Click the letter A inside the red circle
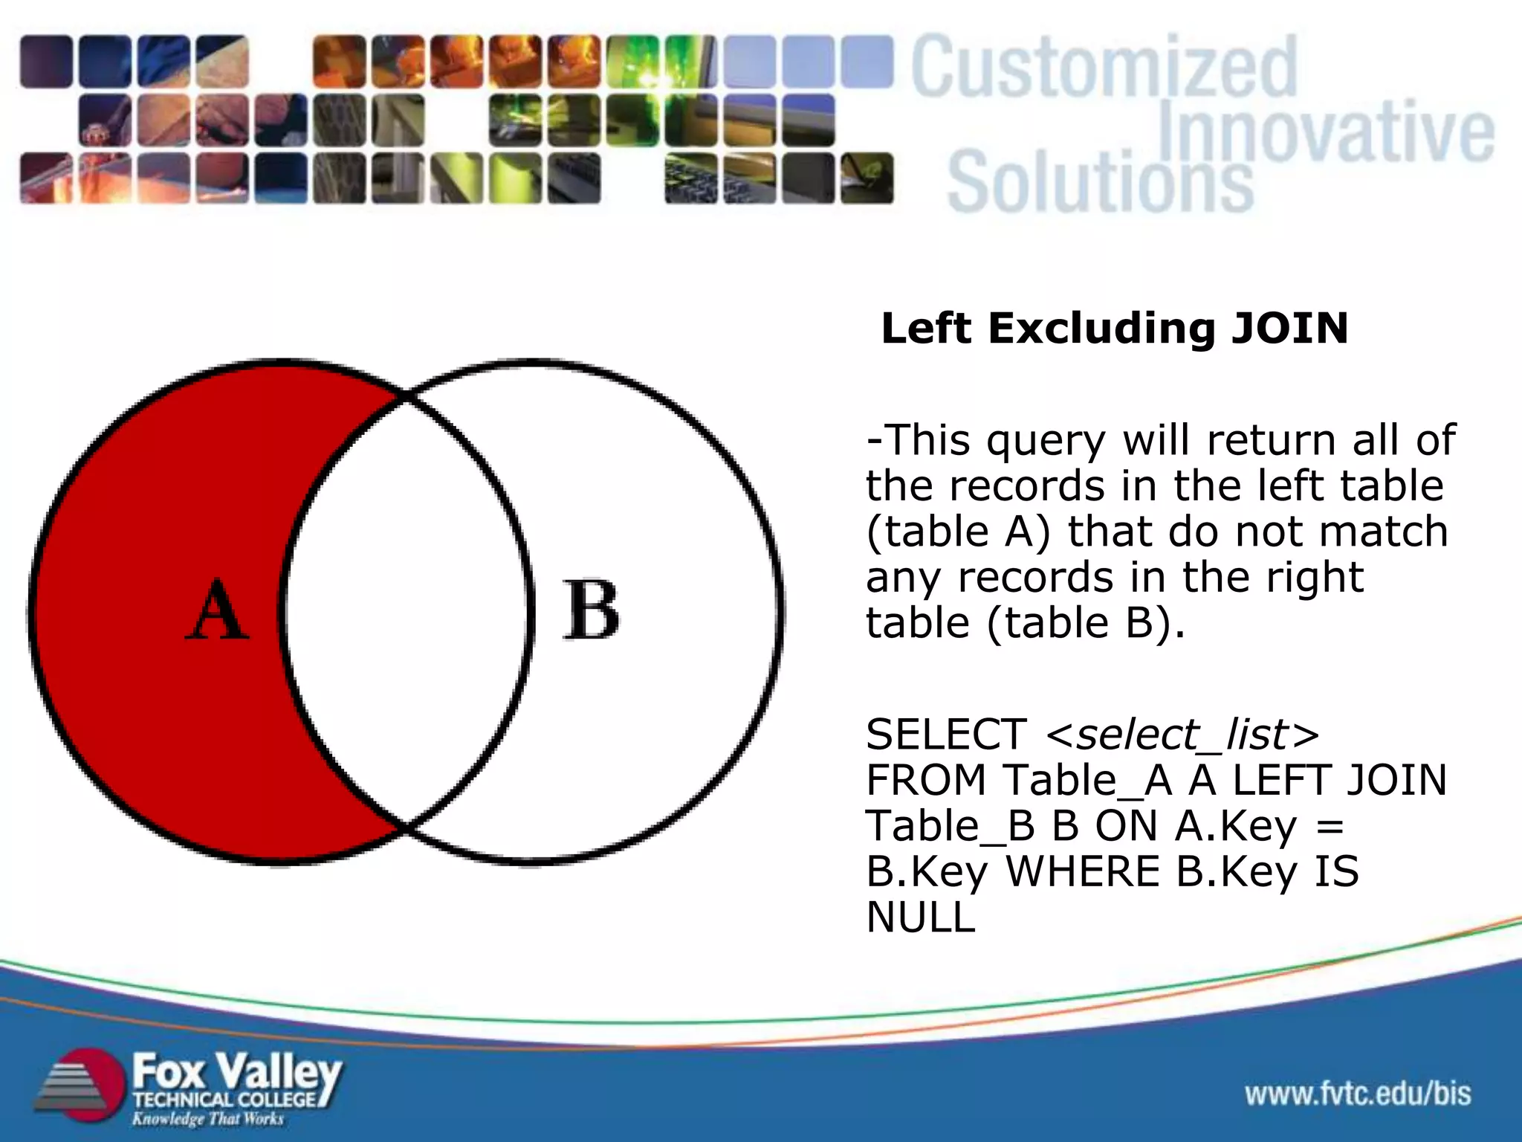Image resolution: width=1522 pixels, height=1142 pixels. [217, 611]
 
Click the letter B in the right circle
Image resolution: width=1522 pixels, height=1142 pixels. [591, 611]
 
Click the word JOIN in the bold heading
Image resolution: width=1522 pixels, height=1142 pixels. [1289, 329]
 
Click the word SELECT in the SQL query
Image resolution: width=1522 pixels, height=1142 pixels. [946, 735]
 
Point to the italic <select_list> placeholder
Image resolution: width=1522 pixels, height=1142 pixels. [1182, 735]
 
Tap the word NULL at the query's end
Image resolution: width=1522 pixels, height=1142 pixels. [921, 917]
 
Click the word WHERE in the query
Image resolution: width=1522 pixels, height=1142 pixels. [1082, 871]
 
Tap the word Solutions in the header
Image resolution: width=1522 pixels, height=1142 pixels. [1100, 182]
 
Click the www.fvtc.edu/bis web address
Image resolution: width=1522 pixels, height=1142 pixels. [1358, 1094]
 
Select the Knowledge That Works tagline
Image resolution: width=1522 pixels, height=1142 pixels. [208, 1119]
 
